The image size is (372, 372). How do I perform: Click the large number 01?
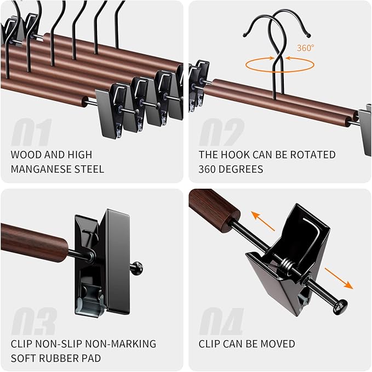(31, 133)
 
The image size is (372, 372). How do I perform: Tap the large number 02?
(221, 133)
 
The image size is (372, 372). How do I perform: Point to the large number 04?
(221, 322)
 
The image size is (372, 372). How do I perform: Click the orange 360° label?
(305, 48)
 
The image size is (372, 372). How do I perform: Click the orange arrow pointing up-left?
(263, 220)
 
